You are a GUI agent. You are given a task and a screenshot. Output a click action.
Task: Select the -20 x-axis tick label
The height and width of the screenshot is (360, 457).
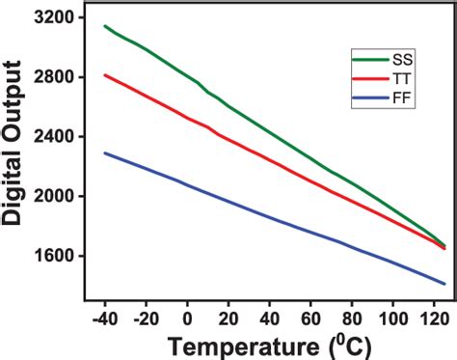[x=144, y=318]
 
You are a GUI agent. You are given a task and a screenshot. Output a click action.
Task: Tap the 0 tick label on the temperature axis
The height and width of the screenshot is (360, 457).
[x=187, y=318]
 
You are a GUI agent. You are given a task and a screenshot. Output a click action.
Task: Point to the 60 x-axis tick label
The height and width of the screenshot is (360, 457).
[x=311, y=318]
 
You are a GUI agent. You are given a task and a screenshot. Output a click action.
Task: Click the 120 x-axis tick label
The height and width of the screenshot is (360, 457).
[x=435, y=318]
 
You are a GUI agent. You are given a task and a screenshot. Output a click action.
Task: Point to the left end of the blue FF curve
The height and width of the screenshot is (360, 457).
[x=104, y=152]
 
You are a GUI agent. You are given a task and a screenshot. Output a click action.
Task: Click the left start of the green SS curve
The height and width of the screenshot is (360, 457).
[x=104, y=26]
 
